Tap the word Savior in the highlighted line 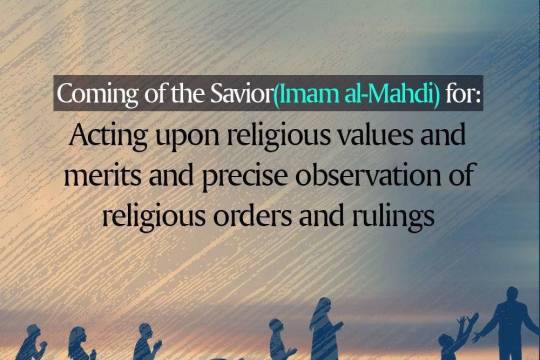[x=238, y=95]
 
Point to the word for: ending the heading [x=463, y=95]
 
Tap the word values [x=388, y=135]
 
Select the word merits [x=101, y=176]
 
